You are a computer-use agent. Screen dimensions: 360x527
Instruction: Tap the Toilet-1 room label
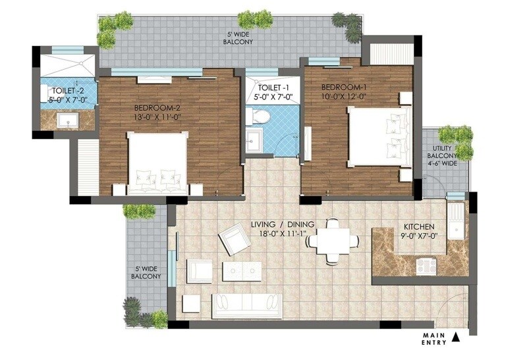click(x=273, y=93)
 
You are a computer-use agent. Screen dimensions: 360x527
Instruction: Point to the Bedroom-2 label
click(x=157, y=112)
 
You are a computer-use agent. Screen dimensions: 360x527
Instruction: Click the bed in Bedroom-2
click(x=158, y=165)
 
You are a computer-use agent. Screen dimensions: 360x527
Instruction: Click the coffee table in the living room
click(x=242, y=270)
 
